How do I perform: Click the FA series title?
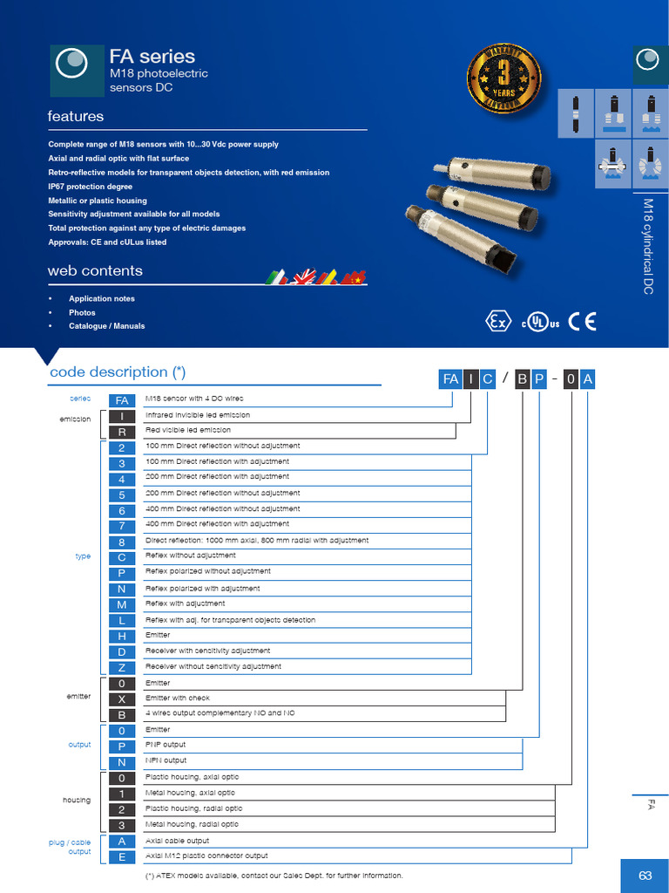click(152, 57)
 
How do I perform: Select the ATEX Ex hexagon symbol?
click(498, 322)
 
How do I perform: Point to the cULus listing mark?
click(540, 322)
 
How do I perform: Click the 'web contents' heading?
click(95, 271)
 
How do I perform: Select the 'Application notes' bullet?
click(102, 298)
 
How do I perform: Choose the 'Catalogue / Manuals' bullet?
click(106, 326)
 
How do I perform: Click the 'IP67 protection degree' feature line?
click(91, 187)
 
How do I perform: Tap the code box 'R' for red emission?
click(123, 432)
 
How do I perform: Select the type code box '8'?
click(123, 542)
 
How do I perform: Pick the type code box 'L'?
click(123, 620)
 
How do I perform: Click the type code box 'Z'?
click(123, 667)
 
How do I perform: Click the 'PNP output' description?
click(166, 745)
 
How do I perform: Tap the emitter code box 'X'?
click(123, 699)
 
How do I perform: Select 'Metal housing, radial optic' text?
click(191, 824)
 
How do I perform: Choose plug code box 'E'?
click(123, 856)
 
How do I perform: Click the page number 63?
click(645, 876)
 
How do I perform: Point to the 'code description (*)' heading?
click(118, 372)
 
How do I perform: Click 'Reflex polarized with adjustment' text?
click(202, 589)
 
